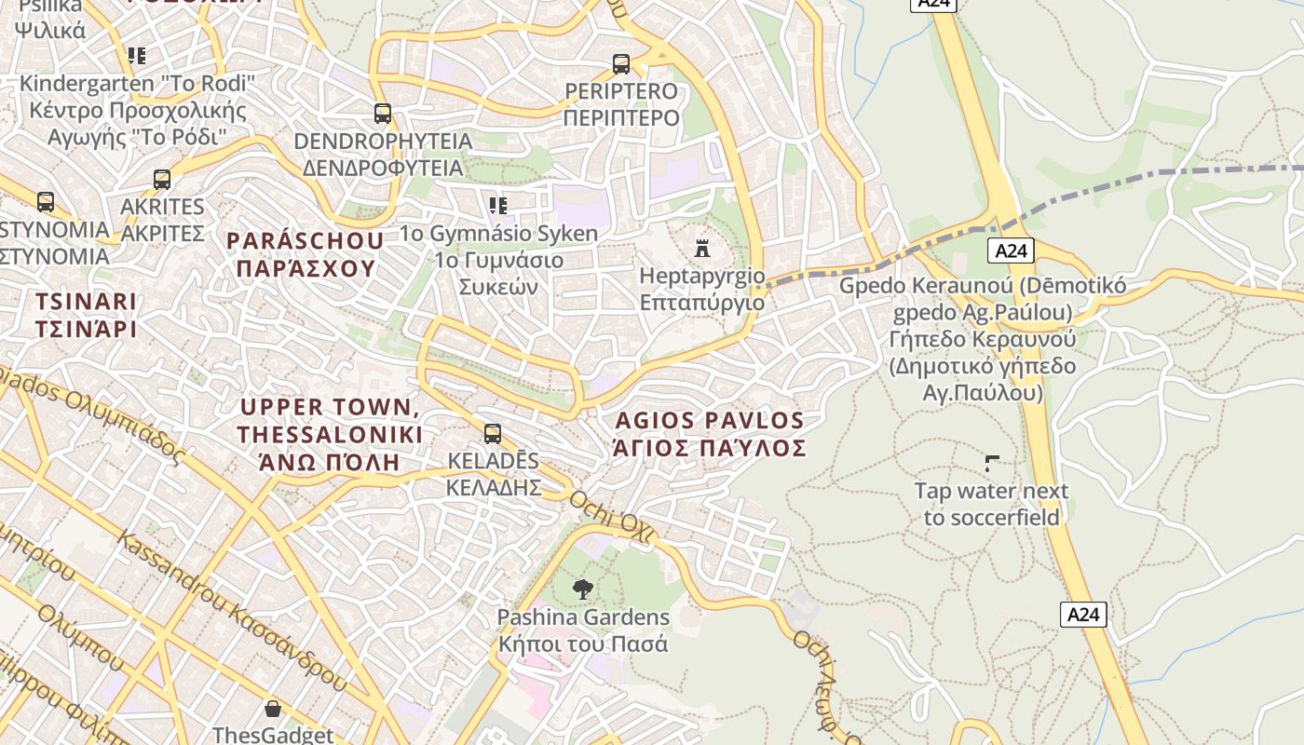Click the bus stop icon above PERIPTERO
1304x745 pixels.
pyautogui.click(x=621, y=64)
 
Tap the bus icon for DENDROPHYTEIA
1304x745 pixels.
pyautogui.click(x=382, y=114)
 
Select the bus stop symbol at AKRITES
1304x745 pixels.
pyautogui.click(x=162, y=180)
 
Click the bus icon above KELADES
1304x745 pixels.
pyautogui.click(x=492, y=434)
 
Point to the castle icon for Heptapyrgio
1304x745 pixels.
pyautogui.click(x=702, y=249)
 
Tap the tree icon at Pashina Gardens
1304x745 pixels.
pyautogui.click(x=583, y=589)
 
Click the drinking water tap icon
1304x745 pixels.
pyautogui.click(x=992, y=463)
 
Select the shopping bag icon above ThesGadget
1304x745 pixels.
pyautogui.click(x=273, y=710)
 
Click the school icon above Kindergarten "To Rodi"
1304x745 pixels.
pyautogui.click(x=137, y=56)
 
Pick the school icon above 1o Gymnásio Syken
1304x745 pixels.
pyautogui.click(x=498, y=205)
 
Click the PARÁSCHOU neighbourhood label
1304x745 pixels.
pyautogui.click(x=305, y=254)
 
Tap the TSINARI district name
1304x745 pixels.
pyautogui.click(x=86, y=315)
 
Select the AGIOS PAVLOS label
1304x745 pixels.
pyautogui.click(x=710, y=434)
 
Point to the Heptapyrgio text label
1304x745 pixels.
pyautogui.click(x=702, y=289)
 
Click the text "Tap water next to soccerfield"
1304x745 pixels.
pyautogui.click(x=991, y=504)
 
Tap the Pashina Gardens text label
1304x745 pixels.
pyautogui.click(x=583, y=630)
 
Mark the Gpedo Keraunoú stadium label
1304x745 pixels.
pyautogui.click(x=983, y=339)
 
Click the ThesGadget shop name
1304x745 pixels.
pyautogui.click(x=272, y=735)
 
